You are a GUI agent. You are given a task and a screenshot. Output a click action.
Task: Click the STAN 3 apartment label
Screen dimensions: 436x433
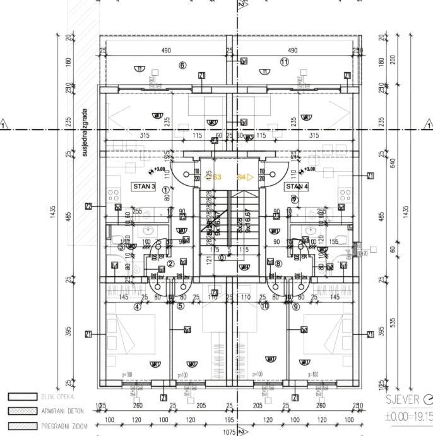point(143,186)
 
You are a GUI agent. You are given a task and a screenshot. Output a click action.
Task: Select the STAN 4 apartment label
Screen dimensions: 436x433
point(296,186)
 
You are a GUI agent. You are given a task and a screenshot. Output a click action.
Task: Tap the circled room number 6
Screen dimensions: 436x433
point(183,65)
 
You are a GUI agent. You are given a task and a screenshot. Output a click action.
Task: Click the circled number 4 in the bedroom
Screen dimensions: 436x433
point(138,308)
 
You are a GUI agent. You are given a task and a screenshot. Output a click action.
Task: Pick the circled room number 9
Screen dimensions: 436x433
point(295,307)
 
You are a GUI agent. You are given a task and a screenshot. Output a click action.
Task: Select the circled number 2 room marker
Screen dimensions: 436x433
point(170,264)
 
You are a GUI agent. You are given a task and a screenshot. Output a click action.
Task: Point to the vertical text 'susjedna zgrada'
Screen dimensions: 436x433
point(84,132)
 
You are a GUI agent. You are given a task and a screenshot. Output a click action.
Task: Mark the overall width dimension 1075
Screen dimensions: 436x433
point(228,432)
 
